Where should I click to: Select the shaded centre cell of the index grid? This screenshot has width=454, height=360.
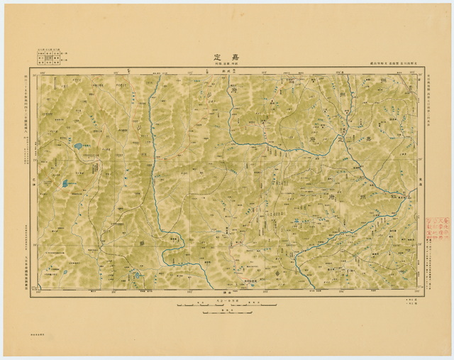point(48,56)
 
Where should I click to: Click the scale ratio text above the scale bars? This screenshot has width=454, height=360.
point(226,300)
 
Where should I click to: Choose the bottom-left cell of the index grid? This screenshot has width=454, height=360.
point(40,62)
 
